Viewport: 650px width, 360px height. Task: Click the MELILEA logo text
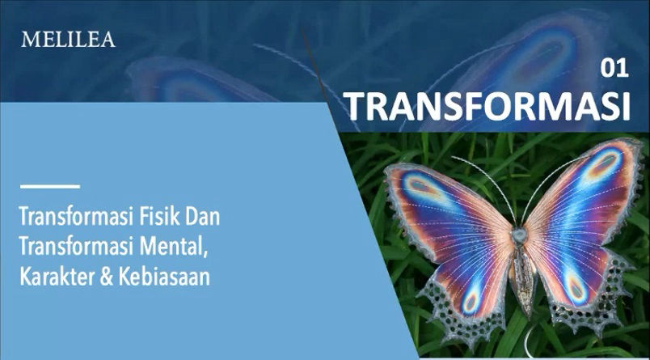(69, 40)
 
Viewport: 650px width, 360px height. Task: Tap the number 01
(614, 69)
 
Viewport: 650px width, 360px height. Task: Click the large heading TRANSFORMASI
(488, 106)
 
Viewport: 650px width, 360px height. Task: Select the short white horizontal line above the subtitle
(50, 187)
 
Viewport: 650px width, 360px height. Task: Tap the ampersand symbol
(106, 277)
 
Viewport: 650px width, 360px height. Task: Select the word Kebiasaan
(164, 277)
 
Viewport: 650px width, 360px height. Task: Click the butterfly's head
(518, 235)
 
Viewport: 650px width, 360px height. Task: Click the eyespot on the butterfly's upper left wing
(423, 187)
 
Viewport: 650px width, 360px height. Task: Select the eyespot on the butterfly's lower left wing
(471, 301)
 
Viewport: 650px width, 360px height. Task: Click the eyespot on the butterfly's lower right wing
(576, 287)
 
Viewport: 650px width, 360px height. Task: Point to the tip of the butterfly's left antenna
(452, 158)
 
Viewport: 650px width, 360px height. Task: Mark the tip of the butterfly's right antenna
(588, 156)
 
